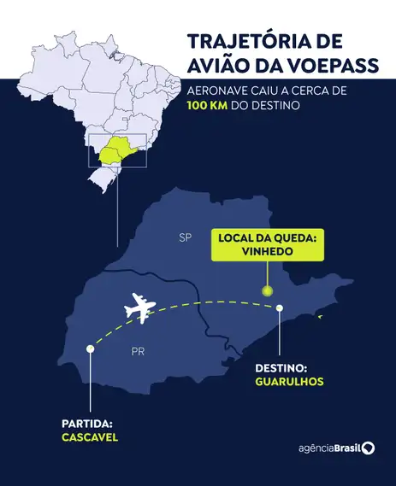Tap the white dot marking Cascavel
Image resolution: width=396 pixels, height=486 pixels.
[90, 348]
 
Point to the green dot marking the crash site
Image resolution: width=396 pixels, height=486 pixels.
[267, 291]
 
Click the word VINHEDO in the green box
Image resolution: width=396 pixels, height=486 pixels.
[266, 253]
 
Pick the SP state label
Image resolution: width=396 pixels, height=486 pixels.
[185, 238]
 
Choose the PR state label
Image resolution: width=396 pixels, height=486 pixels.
[138, 351]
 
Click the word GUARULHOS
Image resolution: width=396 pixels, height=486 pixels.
[289, 381]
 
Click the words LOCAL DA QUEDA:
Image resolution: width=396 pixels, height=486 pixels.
[266, 237]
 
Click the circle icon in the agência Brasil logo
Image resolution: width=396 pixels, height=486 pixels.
[368, 448]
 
